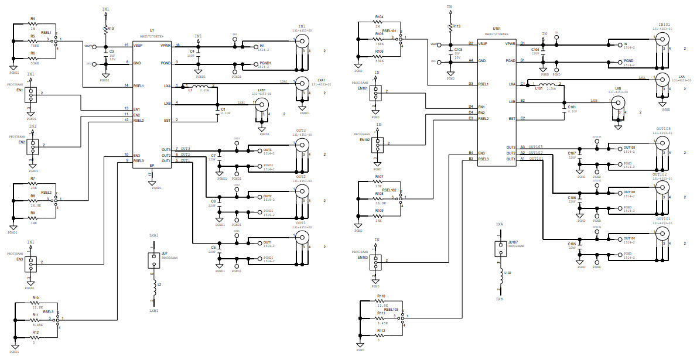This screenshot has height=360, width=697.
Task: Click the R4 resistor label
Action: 32,19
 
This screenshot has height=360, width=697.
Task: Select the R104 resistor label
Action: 379,16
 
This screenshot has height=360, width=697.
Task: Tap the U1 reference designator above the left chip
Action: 152,29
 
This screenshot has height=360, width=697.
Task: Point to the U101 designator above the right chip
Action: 497,28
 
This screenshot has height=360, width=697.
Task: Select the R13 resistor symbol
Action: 105,29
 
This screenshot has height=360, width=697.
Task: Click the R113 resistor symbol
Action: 450,27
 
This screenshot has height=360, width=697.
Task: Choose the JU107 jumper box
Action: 500,249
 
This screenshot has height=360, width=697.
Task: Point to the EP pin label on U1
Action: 151,166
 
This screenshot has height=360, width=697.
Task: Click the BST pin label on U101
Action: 512,119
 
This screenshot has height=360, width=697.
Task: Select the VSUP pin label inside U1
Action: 139,45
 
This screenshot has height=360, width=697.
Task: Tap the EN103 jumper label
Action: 363,257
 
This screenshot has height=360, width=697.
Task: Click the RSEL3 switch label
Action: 48,312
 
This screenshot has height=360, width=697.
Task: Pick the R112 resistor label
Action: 380,331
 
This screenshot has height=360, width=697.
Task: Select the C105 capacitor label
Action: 572,243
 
